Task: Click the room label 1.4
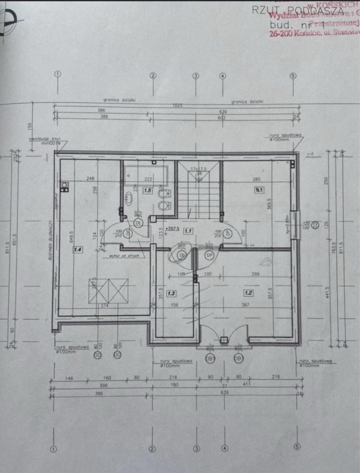point(77,250)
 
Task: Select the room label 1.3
point(171,293)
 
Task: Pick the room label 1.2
point(248,293)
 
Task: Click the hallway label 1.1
point(188,230)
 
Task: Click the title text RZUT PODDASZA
point(297,10)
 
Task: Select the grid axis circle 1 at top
point(58,74)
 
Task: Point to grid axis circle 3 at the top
point(196,76)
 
